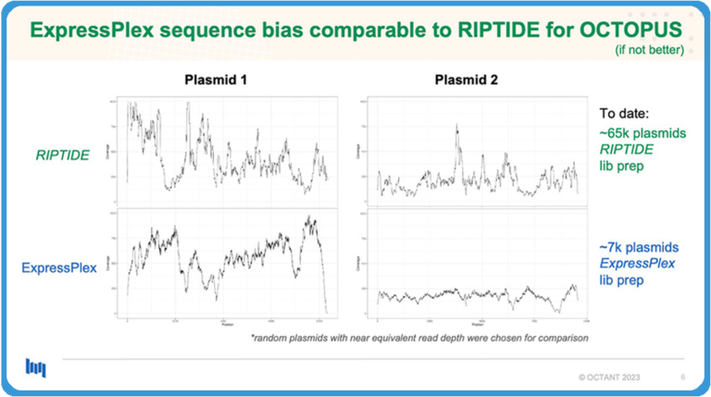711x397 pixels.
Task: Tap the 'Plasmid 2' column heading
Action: pos(467,81)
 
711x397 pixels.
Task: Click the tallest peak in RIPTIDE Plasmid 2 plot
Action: pos(456,127)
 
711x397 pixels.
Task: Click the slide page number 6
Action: pos(682,378)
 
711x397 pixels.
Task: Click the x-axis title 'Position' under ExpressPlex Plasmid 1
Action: pos(227,325)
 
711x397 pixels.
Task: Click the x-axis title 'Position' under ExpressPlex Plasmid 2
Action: pos(475,325)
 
